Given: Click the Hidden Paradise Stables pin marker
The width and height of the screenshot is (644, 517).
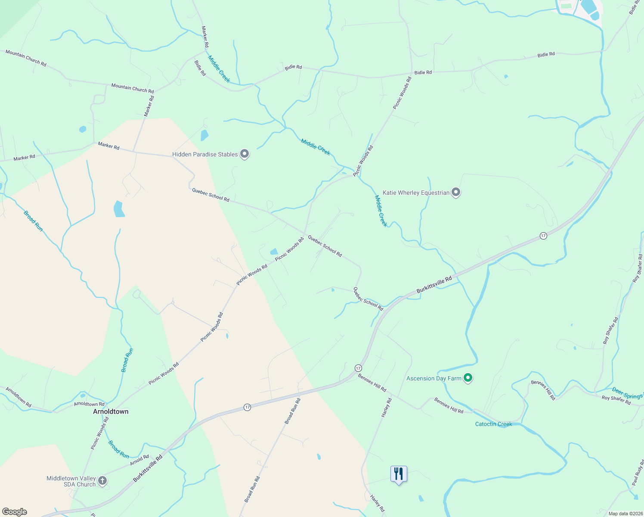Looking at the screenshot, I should pos(245,154).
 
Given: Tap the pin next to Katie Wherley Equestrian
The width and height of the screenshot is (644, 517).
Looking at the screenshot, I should pos(456,192).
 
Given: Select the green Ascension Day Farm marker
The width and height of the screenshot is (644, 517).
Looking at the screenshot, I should pos(468,378).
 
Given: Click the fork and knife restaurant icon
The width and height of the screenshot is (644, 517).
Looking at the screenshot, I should pos(399,474).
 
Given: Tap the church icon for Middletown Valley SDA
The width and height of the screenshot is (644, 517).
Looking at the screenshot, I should pos(102,481).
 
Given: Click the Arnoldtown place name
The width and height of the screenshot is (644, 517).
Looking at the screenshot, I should pos(111,411).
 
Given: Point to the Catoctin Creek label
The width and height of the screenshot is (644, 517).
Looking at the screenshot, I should pos(493,424).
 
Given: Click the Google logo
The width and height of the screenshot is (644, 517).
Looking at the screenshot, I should pos(15,512).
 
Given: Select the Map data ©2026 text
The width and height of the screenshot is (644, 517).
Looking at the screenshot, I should pos(625,514).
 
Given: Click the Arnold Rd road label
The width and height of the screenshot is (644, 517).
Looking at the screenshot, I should pos(139,460).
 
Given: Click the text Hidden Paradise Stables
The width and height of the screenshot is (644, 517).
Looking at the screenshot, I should pos(205,154).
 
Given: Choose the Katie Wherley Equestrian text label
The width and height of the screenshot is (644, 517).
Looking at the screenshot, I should pos(416,193).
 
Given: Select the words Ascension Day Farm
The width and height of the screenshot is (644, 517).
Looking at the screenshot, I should pos(434,378).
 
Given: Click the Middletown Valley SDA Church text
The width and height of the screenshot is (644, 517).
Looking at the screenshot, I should pos(71,481).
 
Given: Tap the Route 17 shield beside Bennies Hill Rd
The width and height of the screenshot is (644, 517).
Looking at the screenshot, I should pos(358,368).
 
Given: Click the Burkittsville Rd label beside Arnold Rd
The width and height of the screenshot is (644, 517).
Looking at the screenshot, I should pos(148,468).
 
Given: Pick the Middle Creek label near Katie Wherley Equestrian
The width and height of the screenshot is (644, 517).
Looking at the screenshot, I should pos(381,211).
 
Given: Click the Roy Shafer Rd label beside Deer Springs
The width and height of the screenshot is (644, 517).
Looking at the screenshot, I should pos(616,400).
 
